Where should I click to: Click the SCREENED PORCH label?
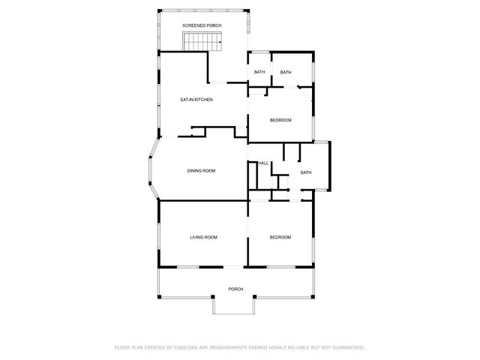[x=202, y=25]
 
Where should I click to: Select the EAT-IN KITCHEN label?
[x=196, y=99]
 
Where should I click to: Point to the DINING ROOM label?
[x=201, y=171]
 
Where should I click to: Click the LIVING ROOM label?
[x=202, y=237]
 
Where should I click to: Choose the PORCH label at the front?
[x=235, y=289]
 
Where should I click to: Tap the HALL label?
[x=263, y=163]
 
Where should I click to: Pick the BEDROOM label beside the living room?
[x=280, y=237]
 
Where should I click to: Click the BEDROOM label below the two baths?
[x=280, y=120]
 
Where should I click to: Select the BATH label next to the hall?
[x=305, y=172]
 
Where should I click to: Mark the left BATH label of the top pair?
[x=259, y=72]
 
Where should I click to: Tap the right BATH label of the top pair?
[x=286, y=72]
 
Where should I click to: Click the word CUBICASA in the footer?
[x=185, y=347]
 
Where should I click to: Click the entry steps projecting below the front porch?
[x=235, y=305]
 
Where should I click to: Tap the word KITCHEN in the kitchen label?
[x=203, y=99]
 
